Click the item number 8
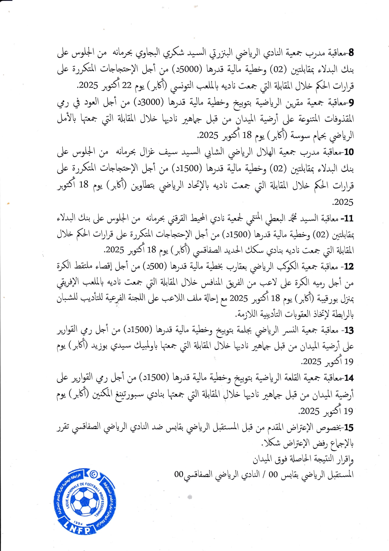click(x=351, y=52)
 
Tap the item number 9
click(x=351, y=102)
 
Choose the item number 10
click(x=349, y=152)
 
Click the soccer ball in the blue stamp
click(x=85, y=500)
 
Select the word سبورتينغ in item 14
click(x=126, y=394)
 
